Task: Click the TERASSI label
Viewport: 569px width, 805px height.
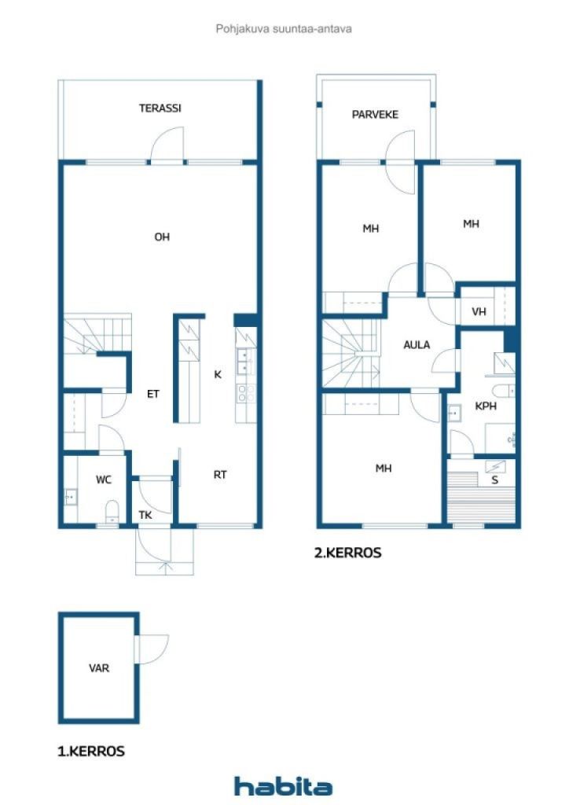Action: (160, 108)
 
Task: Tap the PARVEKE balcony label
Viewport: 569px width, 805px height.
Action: (375, 115)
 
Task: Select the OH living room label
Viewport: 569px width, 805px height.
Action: (162, 237)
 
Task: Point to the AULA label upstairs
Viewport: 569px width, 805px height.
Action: (417, 345)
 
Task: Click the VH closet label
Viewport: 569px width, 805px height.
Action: (479, 311)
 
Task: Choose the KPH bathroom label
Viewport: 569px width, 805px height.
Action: (486, 406)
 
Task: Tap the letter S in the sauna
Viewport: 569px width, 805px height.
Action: (494, 480)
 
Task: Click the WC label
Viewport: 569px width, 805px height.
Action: (104, 480)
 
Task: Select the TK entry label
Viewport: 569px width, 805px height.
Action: (145, 515)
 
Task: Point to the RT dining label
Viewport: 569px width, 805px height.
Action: (220, 475)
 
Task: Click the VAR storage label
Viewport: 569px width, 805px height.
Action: (99, 668)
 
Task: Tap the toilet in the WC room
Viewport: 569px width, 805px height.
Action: (112, 511)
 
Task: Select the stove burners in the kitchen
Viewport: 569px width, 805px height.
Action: (246, 393)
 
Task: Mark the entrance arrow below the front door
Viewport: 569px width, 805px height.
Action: (165, 567)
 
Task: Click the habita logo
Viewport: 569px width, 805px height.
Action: (283, 786)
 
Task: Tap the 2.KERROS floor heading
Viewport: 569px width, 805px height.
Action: (348, 553)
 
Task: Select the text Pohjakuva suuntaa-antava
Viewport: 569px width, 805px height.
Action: (284, 29)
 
